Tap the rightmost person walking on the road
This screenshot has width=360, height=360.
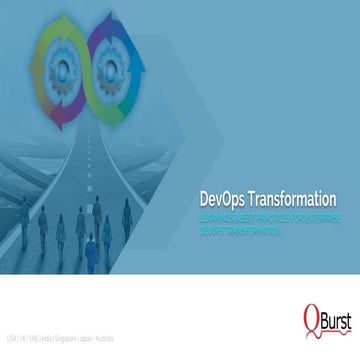[x=126, y=212]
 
